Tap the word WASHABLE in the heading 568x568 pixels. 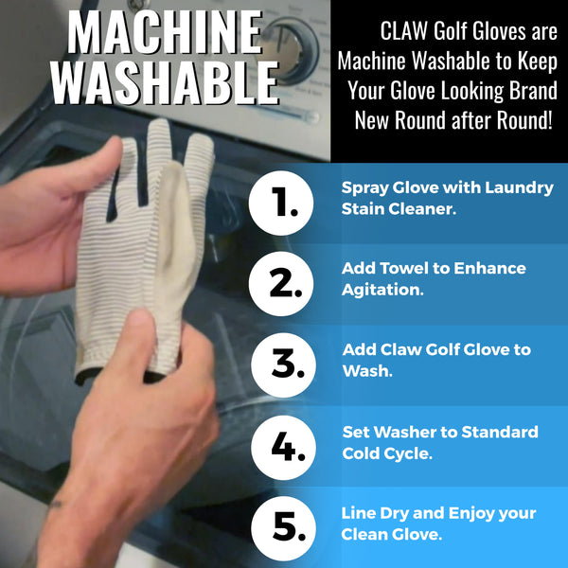point(164,82)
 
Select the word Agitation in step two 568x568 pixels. point(382,291)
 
